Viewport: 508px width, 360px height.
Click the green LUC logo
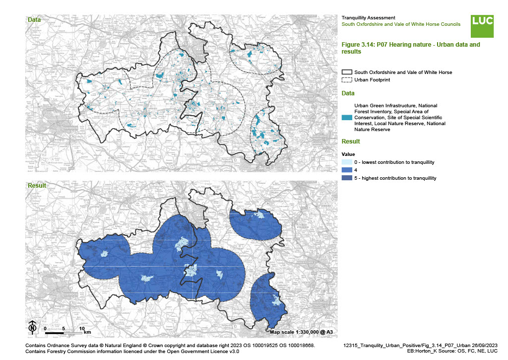coord(482,26)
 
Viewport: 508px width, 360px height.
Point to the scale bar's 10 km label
coord(81,328)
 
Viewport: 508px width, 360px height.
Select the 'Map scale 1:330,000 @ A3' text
coord(301,332)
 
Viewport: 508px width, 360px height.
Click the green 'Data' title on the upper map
coord(34,20)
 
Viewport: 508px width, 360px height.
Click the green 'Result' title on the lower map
coord(37,186)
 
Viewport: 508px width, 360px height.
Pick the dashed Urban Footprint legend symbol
coord(347,80)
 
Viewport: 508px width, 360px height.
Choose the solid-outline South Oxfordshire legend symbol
coord(347,72)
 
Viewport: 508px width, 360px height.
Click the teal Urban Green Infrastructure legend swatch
coord(347,117)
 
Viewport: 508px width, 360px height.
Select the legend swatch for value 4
coord(347,170)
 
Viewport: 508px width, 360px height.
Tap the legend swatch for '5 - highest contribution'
coord(347,178)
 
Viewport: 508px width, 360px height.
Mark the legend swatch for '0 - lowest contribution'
coord(347,162)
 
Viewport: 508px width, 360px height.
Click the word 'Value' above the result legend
coord(349,154)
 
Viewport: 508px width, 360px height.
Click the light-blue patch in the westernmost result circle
coord(105,254)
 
